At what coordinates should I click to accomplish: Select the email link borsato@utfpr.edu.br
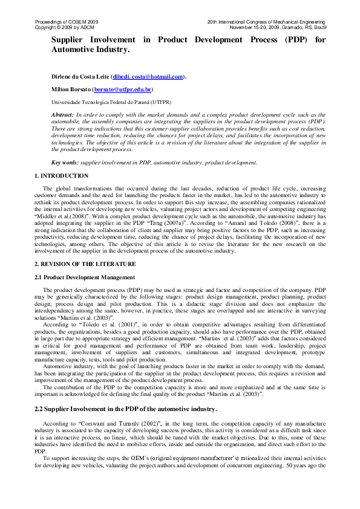click(117, 89)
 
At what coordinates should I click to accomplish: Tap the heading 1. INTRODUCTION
click(62, 176)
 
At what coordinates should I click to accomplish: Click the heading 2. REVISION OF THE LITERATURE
click(85, 265)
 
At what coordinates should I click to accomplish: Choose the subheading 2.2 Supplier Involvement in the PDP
click(126, 409)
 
